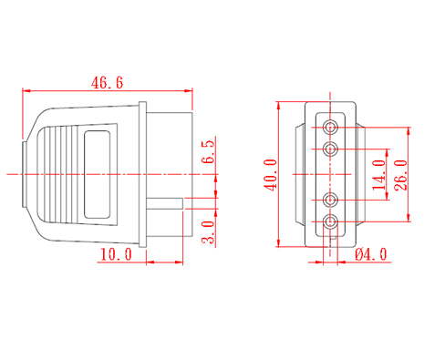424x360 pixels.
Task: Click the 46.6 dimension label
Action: [x=108, y=83]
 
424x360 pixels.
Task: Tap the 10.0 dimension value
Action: [x=116, y=254]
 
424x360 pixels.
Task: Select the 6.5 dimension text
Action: [x=209, y=152]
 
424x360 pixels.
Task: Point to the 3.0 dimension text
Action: [x=209, y=232]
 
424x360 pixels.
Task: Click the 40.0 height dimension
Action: [x=271, y=175]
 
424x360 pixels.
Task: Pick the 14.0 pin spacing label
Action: [x=379, y=175]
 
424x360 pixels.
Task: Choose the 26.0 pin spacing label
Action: [x=400, y=175]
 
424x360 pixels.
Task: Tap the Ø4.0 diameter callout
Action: [x=371, y=254]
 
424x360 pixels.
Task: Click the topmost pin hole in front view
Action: [x=330, y=127]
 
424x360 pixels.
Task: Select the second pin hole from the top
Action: [x=330, y=149]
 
